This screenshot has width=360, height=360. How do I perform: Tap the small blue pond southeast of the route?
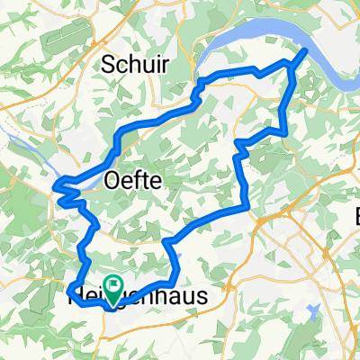[313, 311]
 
